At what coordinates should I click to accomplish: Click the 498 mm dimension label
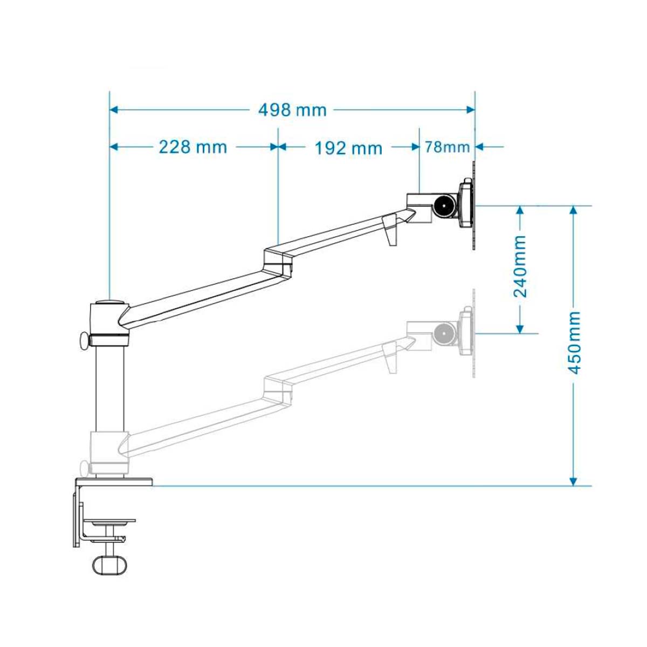tap(292, 110)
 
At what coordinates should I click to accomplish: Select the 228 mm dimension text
tap(192, 147)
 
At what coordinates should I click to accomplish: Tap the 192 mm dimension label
tap(348, 148)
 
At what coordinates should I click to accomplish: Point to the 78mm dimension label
tap(447, 147)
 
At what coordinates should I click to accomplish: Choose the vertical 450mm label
tap(574, 343)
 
